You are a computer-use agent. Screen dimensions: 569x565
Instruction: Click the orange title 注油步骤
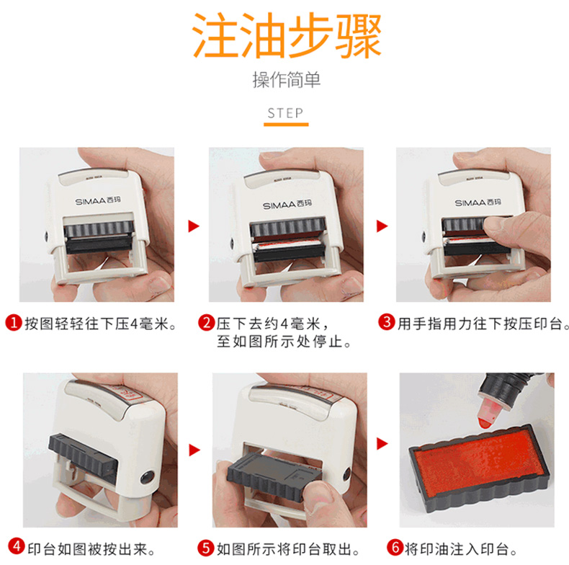(x=287, y=35)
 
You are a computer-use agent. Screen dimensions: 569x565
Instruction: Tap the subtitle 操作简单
(x=287, y=80)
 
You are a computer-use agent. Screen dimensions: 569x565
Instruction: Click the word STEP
(x=285, y=113)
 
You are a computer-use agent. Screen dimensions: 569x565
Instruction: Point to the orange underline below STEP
(x=286, y=125)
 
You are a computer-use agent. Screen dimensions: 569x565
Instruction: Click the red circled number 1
(x=14, y=322)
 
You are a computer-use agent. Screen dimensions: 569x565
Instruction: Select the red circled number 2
(x=207, y=322)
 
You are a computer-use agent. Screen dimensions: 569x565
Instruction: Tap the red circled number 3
(x=387, y=322)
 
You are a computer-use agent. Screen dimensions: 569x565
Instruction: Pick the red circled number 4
(x=17, y=546)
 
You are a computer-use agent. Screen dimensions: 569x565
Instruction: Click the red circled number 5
(x=206, y=548)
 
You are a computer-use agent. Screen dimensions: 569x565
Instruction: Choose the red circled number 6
(x=395, y=548)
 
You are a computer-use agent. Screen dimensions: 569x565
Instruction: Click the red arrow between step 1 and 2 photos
(x=194, y=226)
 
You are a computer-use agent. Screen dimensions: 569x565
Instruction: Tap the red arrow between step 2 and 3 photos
(x=382, y=226)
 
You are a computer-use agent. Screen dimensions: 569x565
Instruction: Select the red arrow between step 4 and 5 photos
(x=194, y=450)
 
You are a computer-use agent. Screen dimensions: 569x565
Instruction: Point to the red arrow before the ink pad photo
(x=382, y=443)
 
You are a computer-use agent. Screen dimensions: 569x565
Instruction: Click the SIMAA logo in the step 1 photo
(x=98, y=201)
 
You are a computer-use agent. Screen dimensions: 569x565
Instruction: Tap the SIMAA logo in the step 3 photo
(x=478, y=203)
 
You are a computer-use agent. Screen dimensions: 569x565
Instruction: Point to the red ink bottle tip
(x=485, y=423)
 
